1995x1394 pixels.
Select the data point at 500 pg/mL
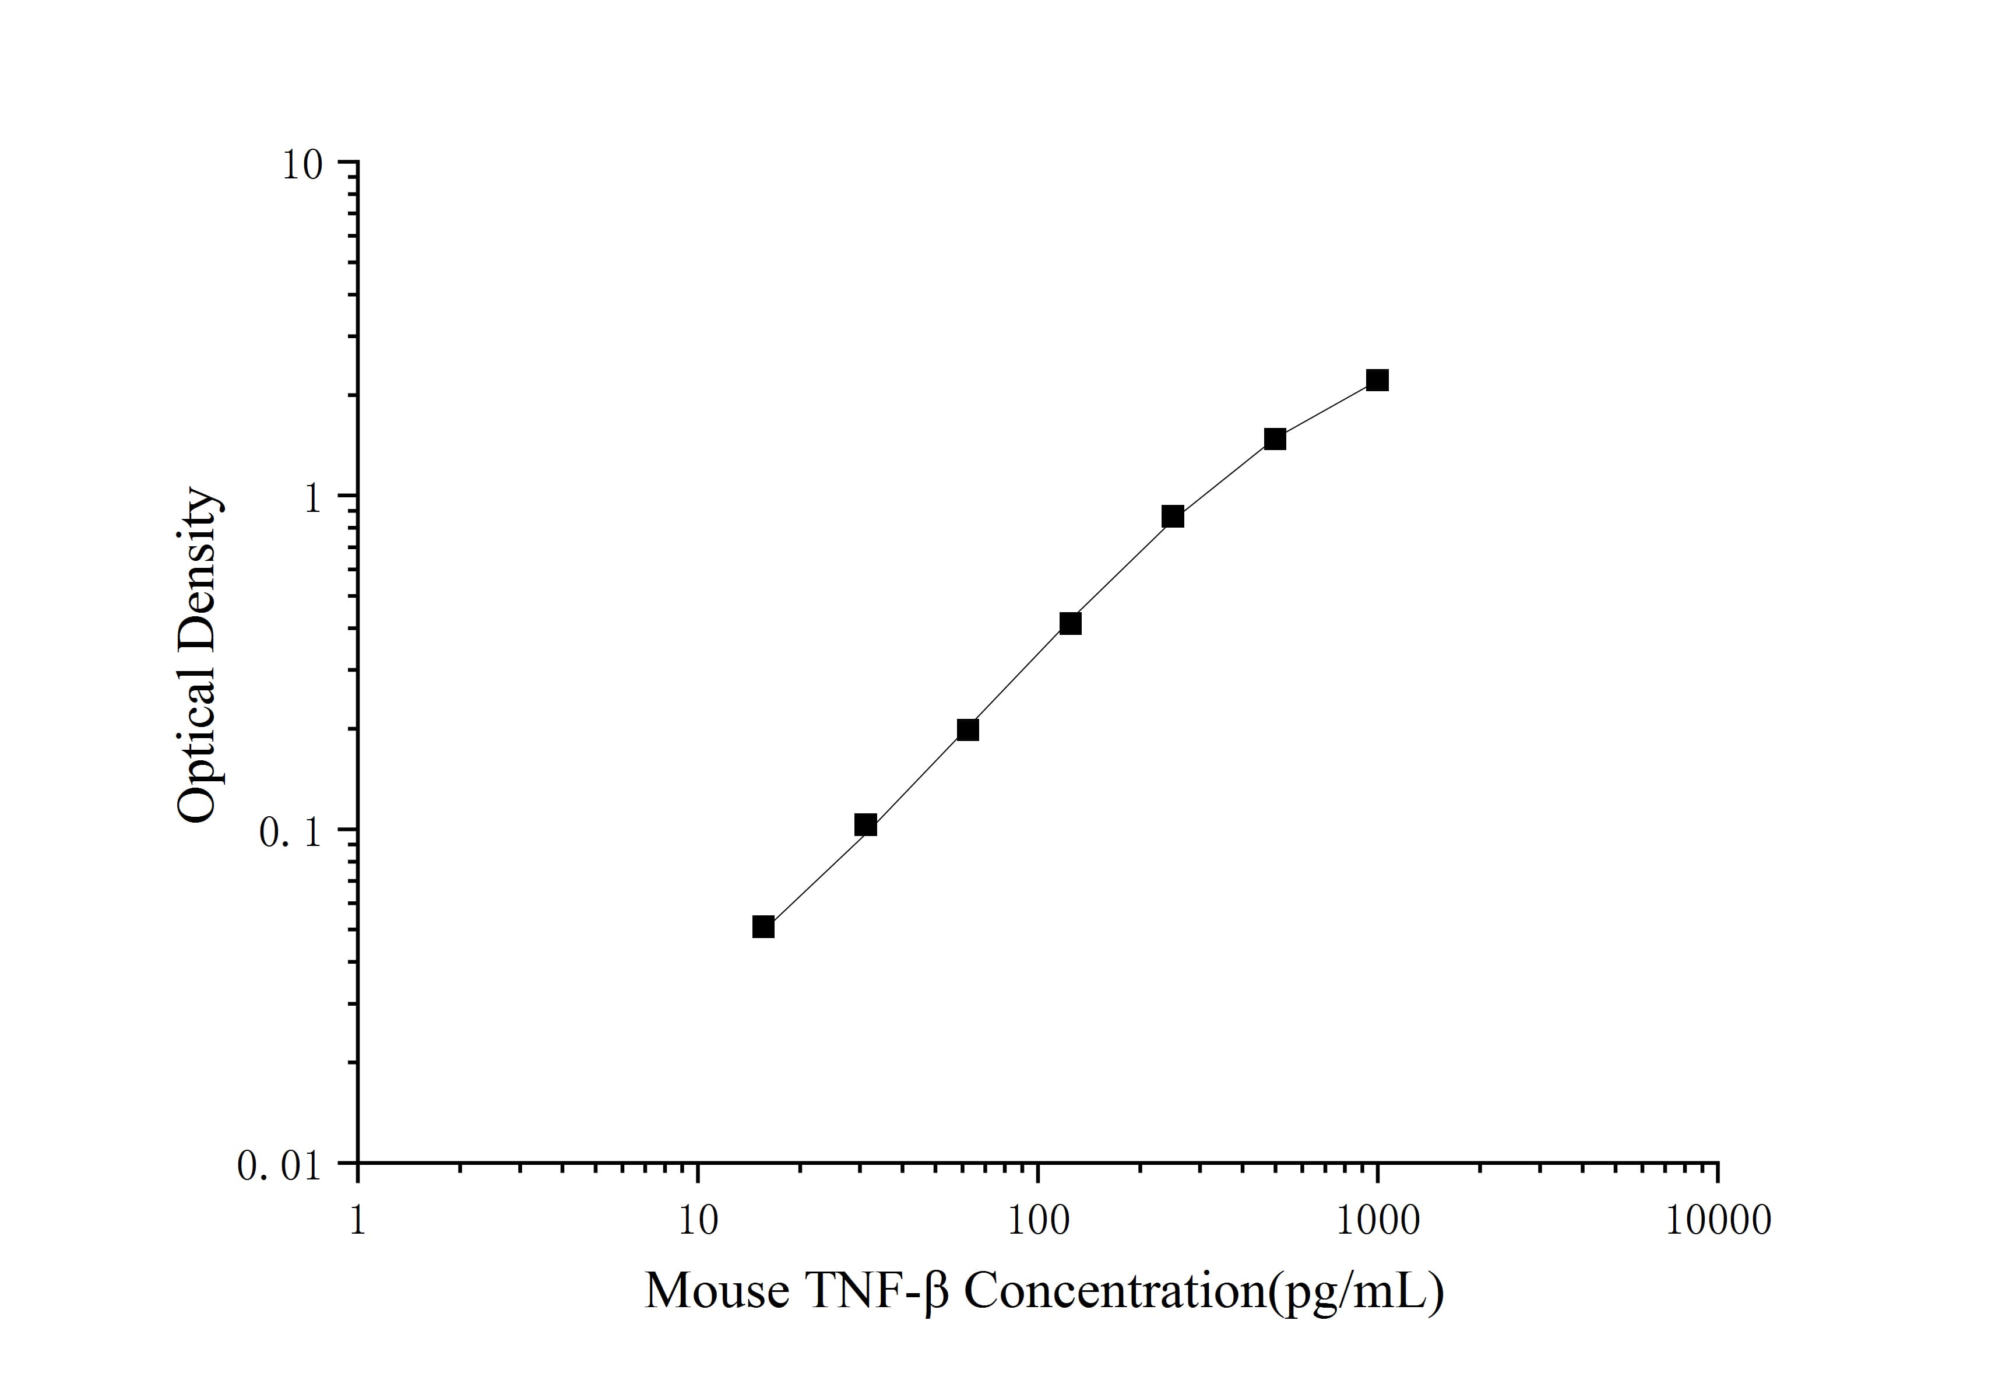point(1275,439)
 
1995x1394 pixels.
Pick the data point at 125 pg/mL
point(1071,623)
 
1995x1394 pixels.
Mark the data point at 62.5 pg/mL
point(968,729)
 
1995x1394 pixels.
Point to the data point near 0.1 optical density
point(865,825)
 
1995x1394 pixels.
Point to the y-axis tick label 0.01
point(280,1166)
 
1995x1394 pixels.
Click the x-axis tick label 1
point(357,1221)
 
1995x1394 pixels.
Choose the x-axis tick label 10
point(697,1221)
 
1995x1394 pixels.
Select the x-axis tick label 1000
point(1377,1221)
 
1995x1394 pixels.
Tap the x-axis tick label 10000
point(1718,1221)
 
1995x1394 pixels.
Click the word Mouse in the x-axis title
point(717,1291)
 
